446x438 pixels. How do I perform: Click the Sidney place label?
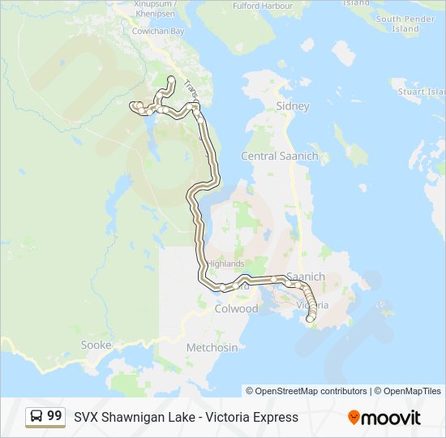click(x=293, y=106)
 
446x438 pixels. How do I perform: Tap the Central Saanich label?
click(x=279, y=156)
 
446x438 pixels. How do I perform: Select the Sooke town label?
click(x=96, y=345)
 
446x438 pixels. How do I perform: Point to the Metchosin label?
click(x=212, y=347)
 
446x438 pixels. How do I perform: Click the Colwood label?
click(x=235, y=309)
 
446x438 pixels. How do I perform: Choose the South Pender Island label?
click(x=405, y=24)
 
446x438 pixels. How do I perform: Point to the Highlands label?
click(x=225, y=264)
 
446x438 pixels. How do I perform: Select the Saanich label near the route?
click(x=306, y=277)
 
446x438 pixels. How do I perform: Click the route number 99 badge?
click(x=54, y=416)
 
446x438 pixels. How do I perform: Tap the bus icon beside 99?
click(x=36, y=417)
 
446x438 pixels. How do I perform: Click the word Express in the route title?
click(x=273, y=417)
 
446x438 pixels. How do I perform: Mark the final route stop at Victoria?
click(x=309, y=320)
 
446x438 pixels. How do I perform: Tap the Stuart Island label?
click(x=422, y=92)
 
